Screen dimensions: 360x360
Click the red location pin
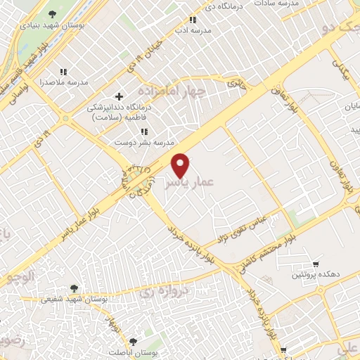click(x=181, y=165)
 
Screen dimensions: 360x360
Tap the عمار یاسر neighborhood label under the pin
click(x=186, y=184)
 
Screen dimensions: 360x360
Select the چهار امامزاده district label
click(x=172, y=92)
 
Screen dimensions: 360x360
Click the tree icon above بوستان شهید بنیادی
click(x=53, y=13)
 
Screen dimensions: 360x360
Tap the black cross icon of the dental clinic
click(x=119, y=96)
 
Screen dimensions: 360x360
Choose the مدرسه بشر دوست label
click(x=144, y=142)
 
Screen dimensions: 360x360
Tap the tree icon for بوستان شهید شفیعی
click(x=73, y=288)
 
